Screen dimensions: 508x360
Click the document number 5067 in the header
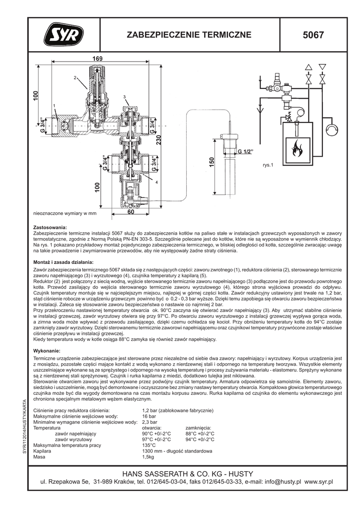313,35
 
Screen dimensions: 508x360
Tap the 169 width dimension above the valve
97,59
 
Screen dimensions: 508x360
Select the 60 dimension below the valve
131,212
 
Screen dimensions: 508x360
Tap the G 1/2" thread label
245,151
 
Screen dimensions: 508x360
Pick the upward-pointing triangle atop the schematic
309,66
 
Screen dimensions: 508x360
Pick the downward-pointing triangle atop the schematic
322,66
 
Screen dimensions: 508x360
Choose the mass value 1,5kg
149,457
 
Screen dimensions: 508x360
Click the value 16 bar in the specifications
149,416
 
